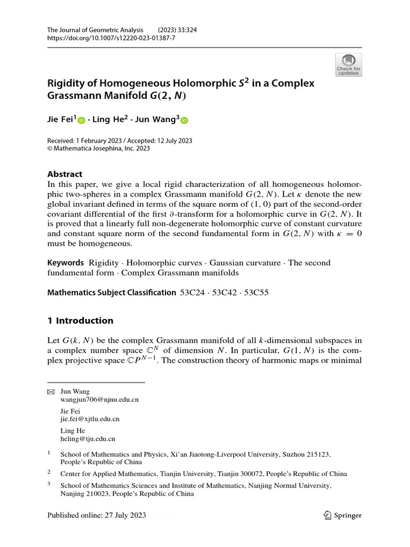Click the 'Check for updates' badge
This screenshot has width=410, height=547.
coord(348,64)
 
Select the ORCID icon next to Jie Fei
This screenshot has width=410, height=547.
coord(82,121)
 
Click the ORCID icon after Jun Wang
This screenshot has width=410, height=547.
coord(184,121)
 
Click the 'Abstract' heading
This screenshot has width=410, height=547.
coord(65,174)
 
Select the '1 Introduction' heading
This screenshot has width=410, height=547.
coord(80,321)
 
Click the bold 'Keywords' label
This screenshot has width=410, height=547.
coord(66,263)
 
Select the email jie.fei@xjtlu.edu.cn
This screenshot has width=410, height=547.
coord(90,419)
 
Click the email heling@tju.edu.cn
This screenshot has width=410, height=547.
coord(88,439)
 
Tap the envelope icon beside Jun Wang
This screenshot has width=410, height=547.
coord(51,392)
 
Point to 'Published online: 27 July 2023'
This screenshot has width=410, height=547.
coord(97,515)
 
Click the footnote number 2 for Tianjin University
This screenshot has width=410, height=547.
coord(49,472)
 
